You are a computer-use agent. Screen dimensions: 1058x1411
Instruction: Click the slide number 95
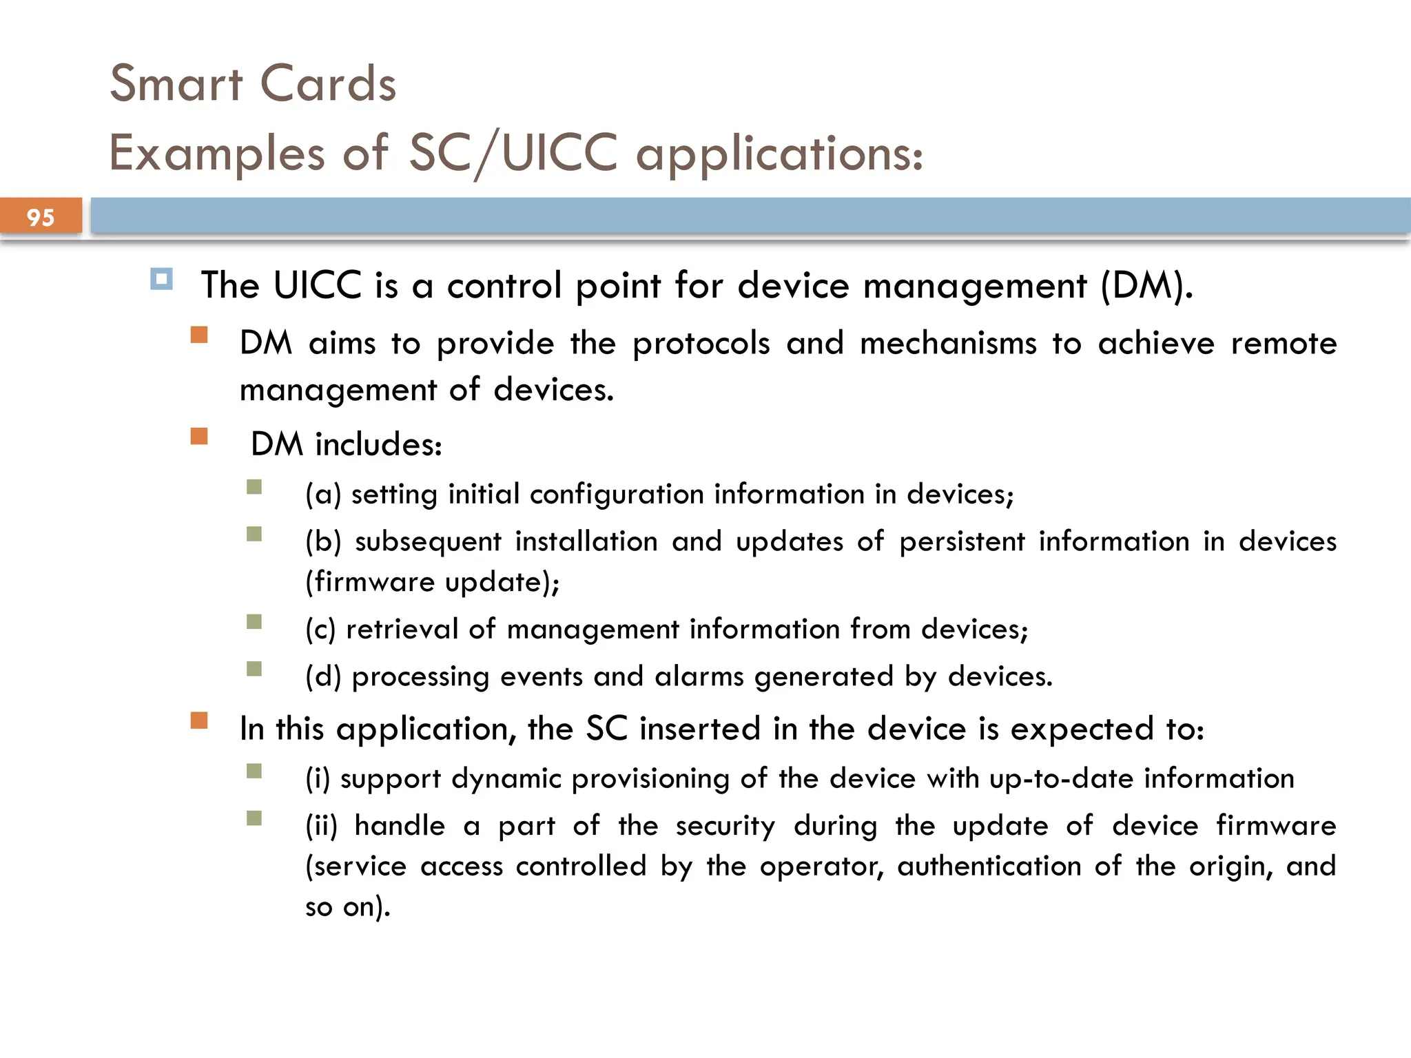click(41, 218)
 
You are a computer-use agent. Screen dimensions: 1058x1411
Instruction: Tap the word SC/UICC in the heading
click(513, 153)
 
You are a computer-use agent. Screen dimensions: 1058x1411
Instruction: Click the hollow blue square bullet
click(162, 280)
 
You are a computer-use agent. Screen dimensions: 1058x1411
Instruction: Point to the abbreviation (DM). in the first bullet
click(1146, 285)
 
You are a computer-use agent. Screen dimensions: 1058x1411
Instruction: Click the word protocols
click(701, 343)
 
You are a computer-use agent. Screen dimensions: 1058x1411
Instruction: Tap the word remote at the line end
click(1284, 343)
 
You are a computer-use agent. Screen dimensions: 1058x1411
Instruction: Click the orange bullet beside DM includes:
click(199, 437)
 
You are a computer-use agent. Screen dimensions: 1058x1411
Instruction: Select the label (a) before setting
click(323, 495)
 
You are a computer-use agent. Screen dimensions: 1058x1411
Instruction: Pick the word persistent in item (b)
click(962, 541)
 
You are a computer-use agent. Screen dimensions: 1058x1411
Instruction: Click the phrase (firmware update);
click(433, 582)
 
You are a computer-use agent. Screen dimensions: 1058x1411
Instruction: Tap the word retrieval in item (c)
click(402, 629)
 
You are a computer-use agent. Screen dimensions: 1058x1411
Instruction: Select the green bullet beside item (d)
click(254, 669)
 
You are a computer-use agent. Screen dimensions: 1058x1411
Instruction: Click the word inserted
click(700, 729)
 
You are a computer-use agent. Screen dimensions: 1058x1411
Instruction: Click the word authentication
click(989, 866)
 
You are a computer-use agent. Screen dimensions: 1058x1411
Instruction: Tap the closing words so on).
click(348, 906)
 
